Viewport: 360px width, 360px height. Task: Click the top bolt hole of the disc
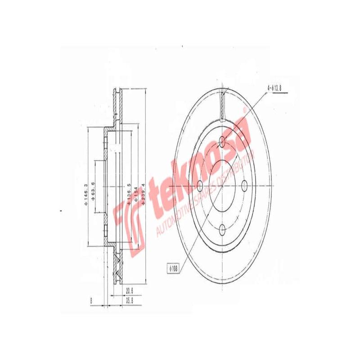click(x=222, y=142)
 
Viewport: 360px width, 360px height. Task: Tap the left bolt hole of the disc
click(x=200, y=185)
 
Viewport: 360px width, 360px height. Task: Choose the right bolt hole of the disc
click(x=244, y=185)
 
